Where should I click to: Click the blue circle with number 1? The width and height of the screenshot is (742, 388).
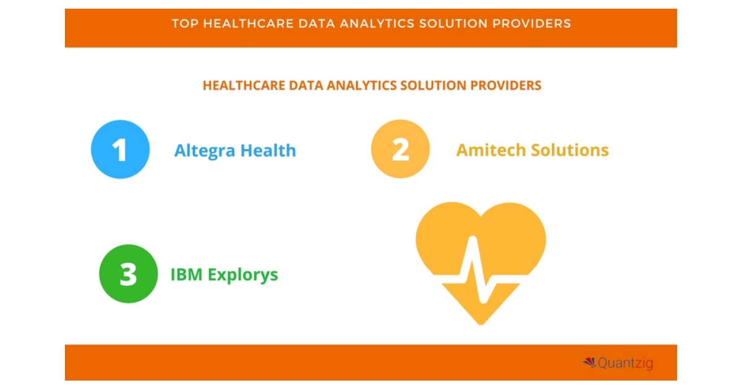[120, 150]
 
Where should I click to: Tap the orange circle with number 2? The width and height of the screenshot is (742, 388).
[400, 149]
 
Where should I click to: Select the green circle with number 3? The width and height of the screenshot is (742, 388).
[129, 274]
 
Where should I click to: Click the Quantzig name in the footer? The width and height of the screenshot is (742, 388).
[625, 363]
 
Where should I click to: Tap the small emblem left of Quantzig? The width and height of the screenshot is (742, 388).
[589, 363]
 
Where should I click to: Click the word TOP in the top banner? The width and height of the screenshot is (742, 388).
[183, 24]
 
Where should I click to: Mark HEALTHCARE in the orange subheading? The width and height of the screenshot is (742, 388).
[243, 85]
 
